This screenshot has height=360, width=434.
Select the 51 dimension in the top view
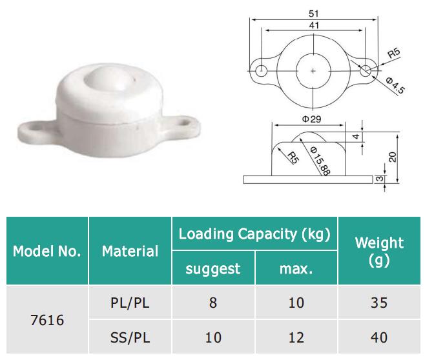(x=313, y=12)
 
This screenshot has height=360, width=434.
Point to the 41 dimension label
(x=313, y=24)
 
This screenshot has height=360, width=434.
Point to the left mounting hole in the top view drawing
(x=260, y=70)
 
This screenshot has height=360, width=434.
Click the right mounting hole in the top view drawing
(x=366, y=70)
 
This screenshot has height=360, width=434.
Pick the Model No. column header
(x=46, y=251)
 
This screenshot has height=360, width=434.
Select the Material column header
(x=130, y=251)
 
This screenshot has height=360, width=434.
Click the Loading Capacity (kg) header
(x=254, y=234)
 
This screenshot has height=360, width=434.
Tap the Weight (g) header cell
(x=379, y=251)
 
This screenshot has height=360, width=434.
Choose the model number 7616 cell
(x=46, y=319)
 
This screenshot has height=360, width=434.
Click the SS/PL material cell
(x=130, y=337)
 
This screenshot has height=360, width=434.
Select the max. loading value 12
(x=296, y=337)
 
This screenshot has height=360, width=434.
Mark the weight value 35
(x=379, y=302)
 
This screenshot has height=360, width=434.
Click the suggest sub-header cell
(x=213, y=268)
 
